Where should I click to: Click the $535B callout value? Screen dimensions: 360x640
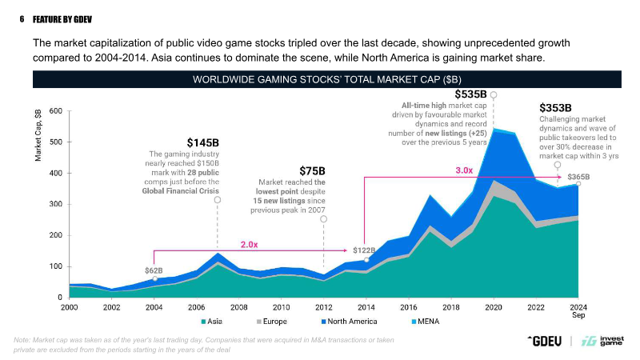coord(470,95)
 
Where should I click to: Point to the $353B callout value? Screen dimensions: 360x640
coord(555,107)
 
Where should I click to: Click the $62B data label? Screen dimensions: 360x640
coord(154,270)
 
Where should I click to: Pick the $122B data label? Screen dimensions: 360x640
coord(365,250)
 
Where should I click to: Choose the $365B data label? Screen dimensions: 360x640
coord(578,177)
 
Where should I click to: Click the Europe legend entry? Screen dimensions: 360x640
coord(270,322)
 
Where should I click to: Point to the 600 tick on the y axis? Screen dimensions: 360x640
coord(54,110)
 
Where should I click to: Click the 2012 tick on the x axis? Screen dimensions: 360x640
coord(323,307)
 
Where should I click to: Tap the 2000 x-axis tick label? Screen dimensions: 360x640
coord(69,307)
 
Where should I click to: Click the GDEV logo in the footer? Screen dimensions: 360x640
coord(545,340)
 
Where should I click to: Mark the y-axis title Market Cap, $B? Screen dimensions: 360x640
coord(38,136)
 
